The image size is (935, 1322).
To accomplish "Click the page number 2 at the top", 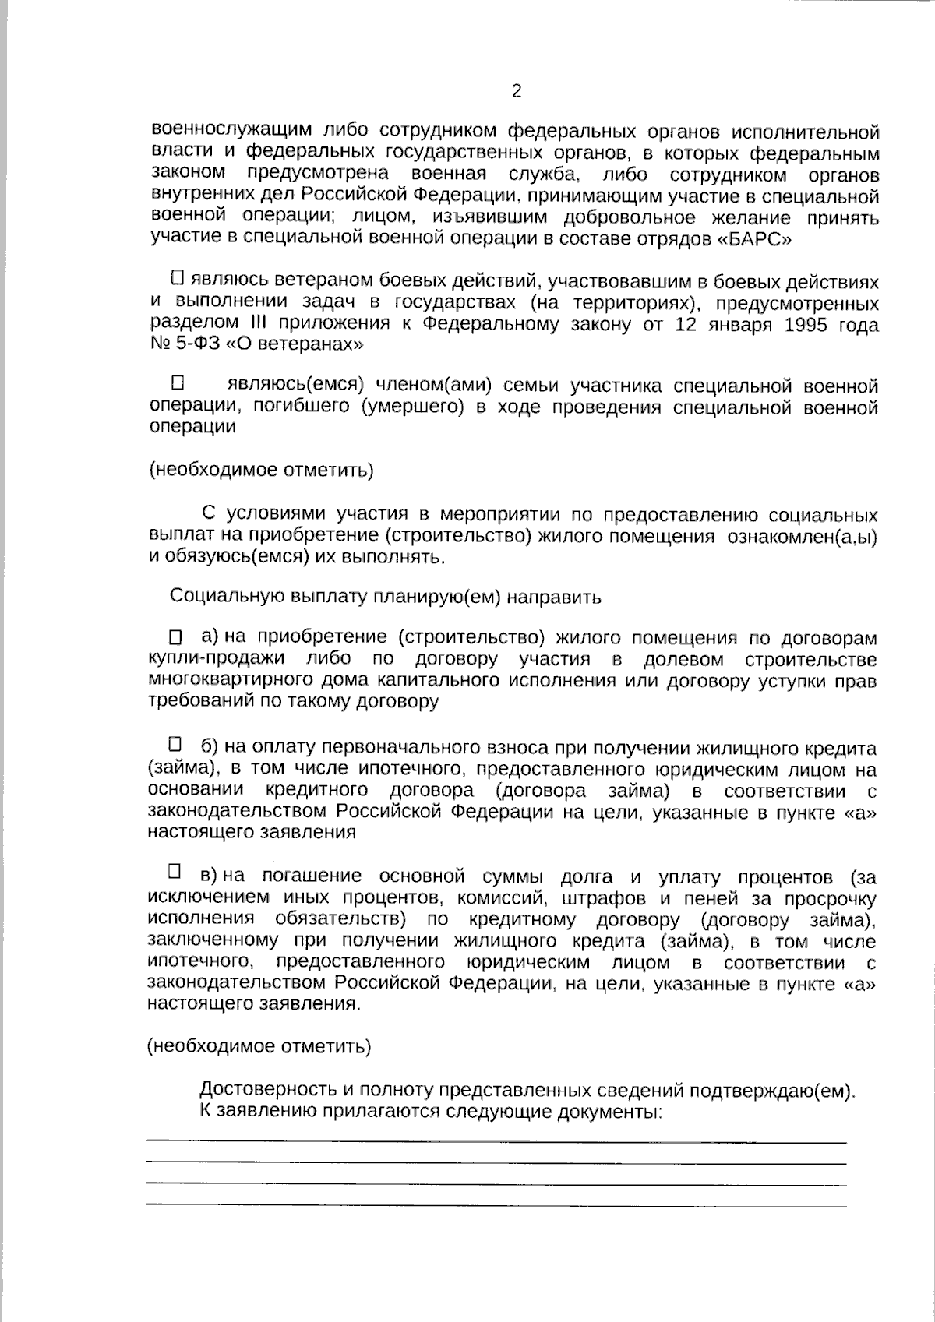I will click(516, 91).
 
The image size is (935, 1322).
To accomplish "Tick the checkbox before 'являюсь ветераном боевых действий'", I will click(177, 277).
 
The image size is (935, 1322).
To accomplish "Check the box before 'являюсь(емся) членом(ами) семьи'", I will click(178, 383).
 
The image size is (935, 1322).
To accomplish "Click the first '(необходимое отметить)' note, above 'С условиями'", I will click(261, 471).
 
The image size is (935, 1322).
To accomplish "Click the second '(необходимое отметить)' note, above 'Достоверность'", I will click(259, 1046).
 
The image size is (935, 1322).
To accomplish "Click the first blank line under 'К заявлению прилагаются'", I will click(496, 1141).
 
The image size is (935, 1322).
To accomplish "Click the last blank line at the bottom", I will click(496, 1206).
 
